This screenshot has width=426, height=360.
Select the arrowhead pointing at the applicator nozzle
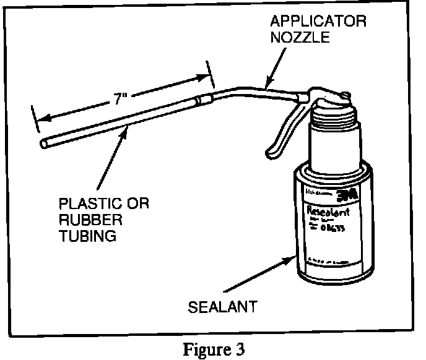[266, 84]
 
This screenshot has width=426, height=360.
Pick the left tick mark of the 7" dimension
[34, 119]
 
